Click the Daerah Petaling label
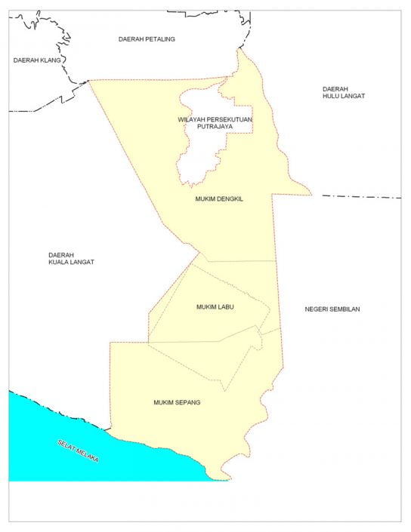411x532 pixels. tap(147, 38)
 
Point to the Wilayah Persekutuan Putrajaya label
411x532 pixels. tap(215, 123)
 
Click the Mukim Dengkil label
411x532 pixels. tap(219, 199)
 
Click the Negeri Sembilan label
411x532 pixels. tap(332, 309)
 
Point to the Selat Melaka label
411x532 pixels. tap(78, 451)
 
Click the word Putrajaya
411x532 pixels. tap(215, 128)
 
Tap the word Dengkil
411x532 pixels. tap(231, 199)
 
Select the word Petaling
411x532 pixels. tap(160, 38)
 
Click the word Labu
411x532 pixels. tap(227, 307)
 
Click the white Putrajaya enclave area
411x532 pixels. tap(198, 155)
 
